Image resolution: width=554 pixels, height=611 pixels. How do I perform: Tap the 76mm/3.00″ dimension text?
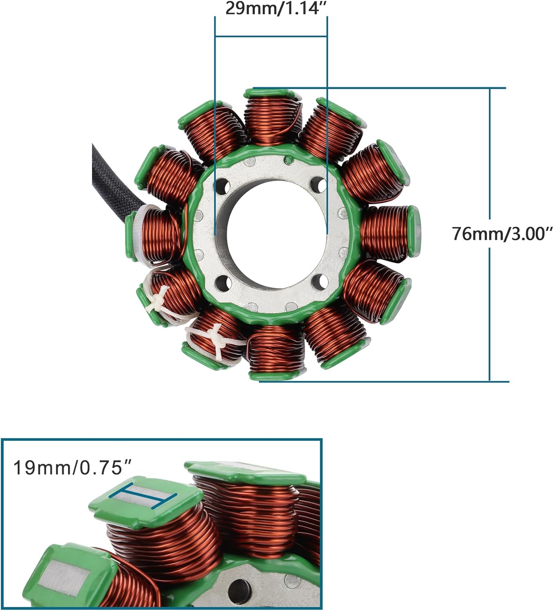pos(502,234)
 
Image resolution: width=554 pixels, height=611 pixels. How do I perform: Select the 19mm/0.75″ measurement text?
pos(68,468)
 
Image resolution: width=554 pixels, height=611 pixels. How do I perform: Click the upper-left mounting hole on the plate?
pos(222,187)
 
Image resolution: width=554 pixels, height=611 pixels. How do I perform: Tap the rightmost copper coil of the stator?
pos(387,232)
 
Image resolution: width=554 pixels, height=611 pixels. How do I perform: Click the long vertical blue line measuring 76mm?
pos(490,234)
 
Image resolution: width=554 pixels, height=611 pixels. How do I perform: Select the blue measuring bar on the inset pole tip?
pos(143,498)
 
